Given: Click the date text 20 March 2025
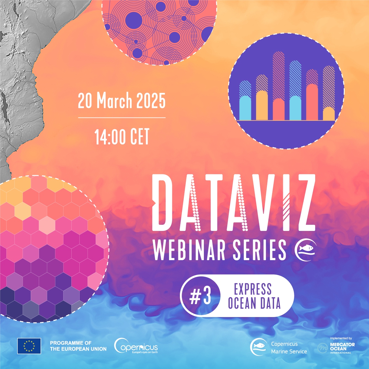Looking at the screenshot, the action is [x=121, y=101].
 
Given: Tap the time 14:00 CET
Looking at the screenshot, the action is [x=122, y=137].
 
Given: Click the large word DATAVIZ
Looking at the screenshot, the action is [x=234, y=202].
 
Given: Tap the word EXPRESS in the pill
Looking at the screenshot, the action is [x=253, y=289].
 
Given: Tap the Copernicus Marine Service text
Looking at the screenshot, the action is [x=289, y=347].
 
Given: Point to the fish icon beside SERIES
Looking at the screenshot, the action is [x=306, y=250].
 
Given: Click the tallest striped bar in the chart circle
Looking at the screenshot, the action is [x=278, y=75].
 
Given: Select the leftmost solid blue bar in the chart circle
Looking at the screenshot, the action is [x=245, y=108].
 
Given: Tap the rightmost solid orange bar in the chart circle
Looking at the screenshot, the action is [x=329, y=113].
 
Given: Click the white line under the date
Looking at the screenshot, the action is [x=122, y=117].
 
